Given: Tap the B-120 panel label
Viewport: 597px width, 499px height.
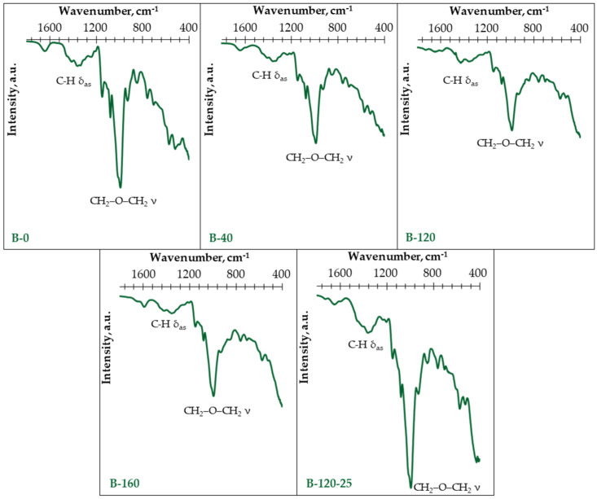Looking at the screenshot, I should click(420, 239).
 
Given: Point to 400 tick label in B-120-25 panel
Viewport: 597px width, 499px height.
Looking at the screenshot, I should click(477, 273).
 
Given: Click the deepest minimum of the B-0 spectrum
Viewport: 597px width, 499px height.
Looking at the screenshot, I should click(120, 186).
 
